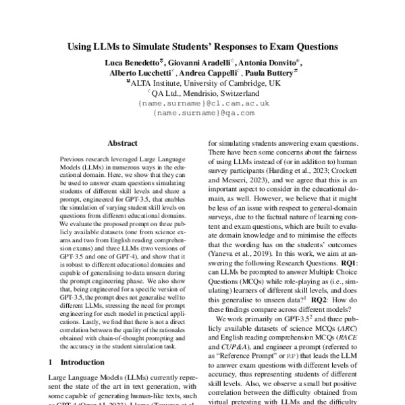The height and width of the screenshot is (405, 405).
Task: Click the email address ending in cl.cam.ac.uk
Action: (x=203, y=103)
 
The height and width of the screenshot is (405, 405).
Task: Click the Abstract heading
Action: (x=123, y=143)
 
